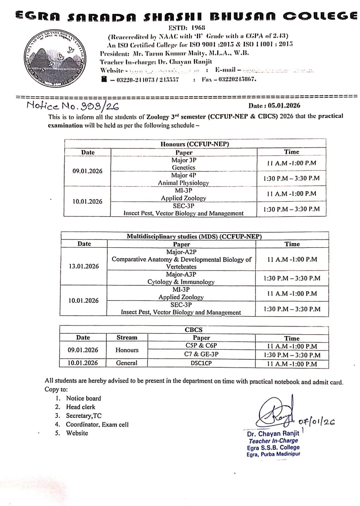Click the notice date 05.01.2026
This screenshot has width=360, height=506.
274,106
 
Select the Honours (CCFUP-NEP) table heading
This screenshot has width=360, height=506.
195,144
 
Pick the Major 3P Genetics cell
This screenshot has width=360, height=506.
184,164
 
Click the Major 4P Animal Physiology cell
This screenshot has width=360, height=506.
184,179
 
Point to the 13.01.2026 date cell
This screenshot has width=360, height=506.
84,266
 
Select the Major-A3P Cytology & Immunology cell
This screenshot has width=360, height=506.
181,278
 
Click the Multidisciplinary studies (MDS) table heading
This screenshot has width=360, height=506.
194,236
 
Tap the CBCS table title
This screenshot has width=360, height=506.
193,330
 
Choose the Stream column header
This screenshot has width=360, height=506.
127,337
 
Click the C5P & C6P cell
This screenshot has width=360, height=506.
201,346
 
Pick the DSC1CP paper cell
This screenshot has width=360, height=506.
201,363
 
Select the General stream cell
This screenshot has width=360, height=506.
127,363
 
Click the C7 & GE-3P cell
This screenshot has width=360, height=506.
201,354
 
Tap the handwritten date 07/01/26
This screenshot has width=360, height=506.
316,422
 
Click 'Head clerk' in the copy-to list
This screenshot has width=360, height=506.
80,407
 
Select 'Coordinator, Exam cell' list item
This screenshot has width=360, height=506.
97,424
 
